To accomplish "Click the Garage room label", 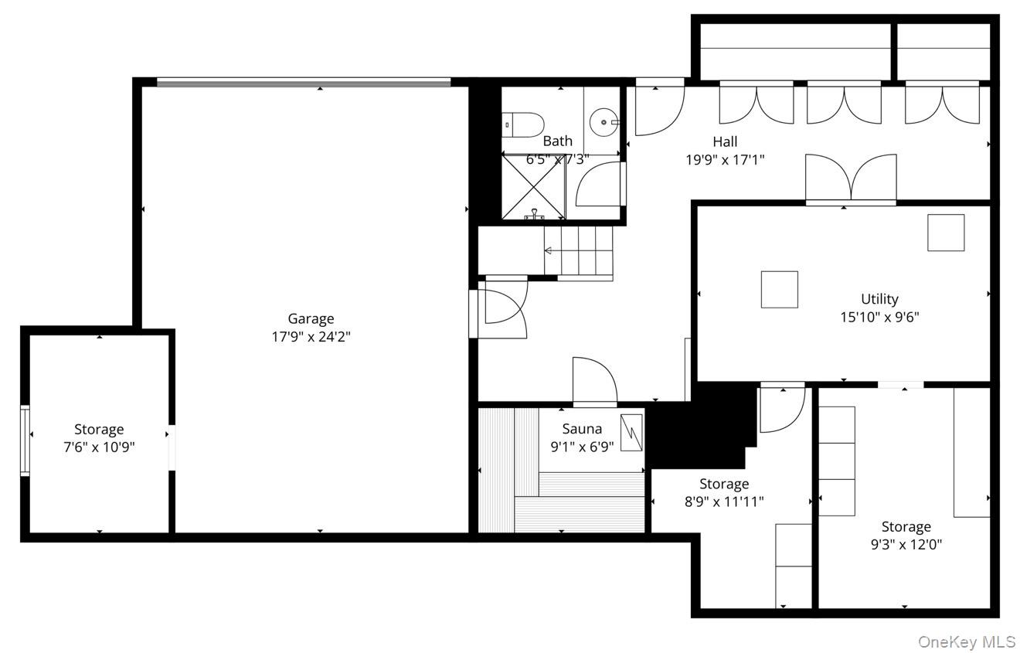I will [x=311, y=318].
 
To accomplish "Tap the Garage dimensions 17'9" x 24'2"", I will [x=311, y=336].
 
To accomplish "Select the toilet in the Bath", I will [x=523, y=124].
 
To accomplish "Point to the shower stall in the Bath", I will [x=533, y=187].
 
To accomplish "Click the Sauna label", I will [x=582, y=429].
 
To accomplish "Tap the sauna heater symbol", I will [x=631, y=433].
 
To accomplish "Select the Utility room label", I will [x=879, y=299].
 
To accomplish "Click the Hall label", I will [x=725, y=141].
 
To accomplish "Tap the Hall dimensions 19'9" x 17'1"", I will [x=725, y=160].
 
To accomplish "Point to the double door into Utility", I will [x=851, y=179].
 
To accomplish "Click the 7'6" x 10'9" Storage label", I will [x=99, y=429].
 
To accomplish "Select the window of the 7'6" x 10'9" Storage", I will [x=25, y=440].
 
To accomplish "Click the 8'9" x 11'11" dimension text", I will [x=724, y=502].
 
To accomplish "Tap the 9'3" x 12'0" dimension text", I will [x=906, y=545].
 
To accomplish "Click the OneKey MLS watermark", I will [x=967, y=641].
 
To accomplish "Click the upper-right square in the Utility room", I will [x=946, y=233].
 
